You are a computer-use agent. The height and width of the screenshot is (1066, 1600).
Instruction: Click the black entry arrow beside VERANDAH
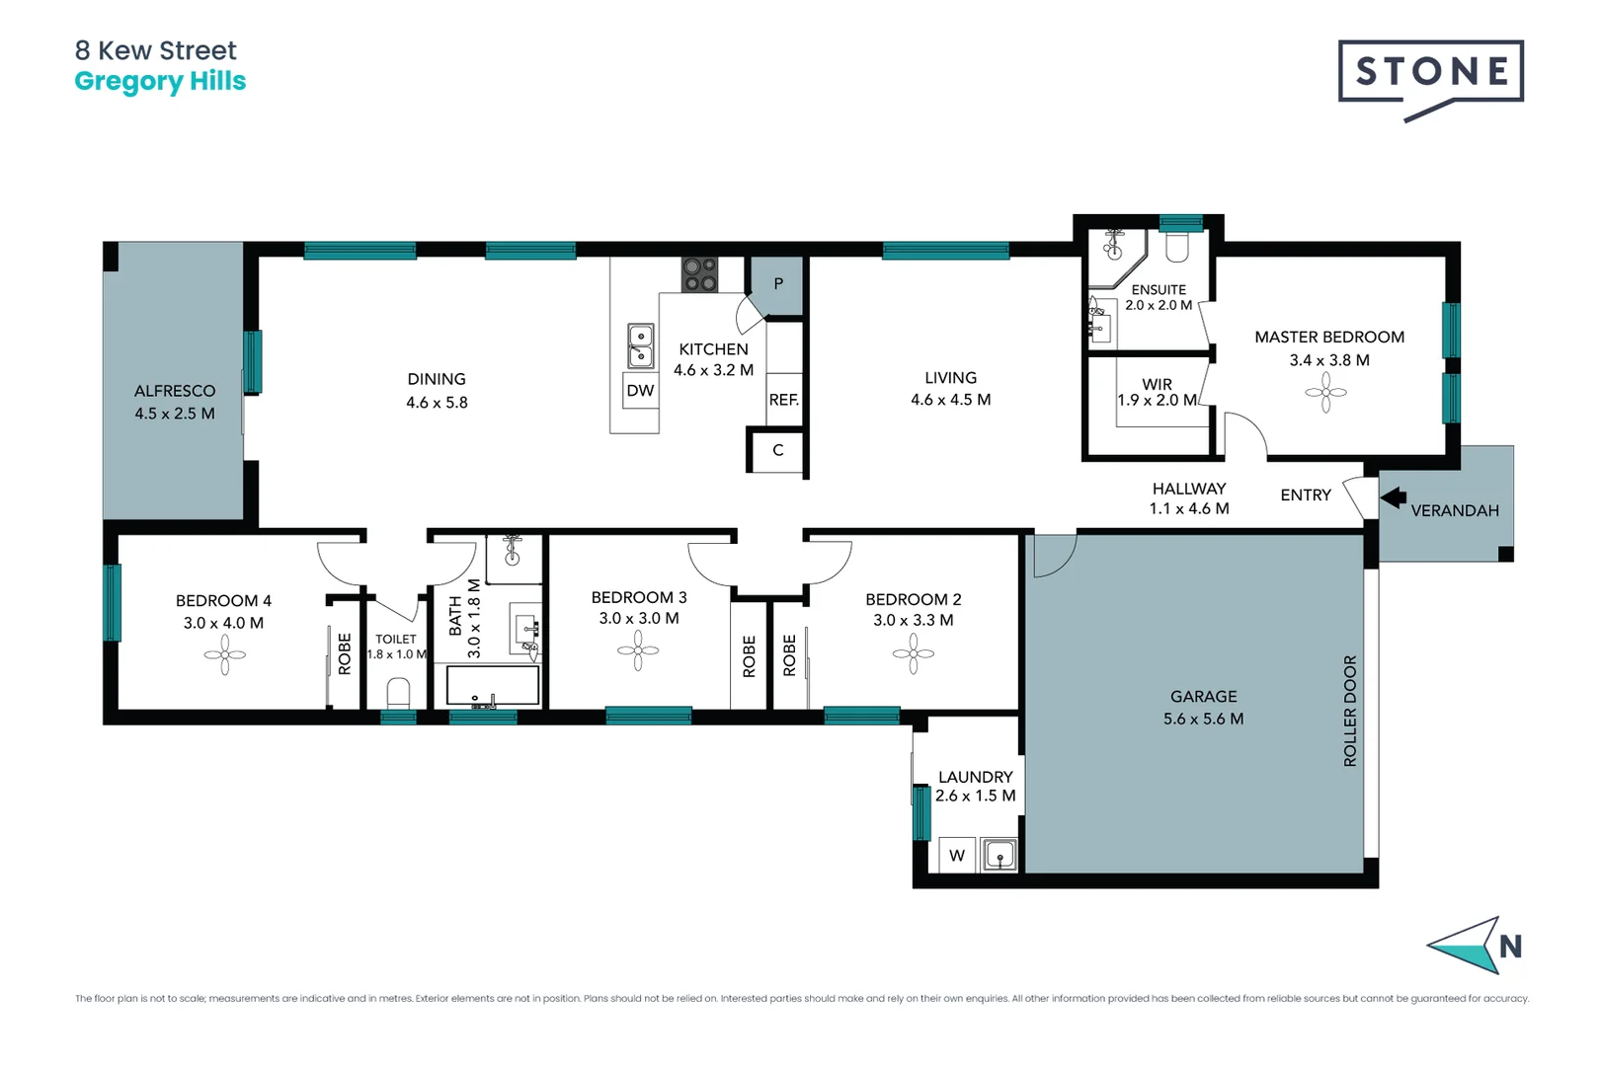pos(1394,497)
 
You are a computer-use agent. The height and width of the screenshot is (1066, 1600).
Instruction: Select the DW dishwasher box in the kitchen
pos(640,391)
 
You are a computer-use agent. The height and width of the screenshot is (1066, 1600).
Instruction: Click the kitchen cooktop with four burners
pos(699,274)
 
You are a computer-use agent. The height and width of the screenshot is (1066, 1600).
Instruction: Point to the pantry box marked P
pos(778,284)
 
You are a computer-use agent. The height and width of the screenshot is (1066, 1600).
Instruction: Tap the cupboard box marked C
pos(777,451)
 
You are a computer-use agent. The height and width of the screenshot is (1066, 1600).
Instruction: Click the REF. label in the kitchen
pos(783,400)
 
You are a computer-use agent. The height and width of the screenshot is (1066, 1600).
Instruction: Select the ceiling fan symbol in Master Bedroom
pos(1325,393)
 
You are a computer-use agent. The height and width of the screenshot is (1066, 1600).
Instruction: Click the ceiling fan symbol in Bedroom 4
pos(224,654)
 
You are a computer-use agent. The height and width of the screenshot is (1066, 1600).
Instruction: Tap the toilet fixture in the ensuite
pos(1176,246)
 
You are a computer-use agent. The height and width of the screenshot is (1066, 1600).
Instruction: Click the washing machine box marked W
pos(956,856)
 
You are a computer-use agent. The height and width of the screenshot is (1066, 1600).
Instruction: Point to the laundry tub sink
pos(1000,854)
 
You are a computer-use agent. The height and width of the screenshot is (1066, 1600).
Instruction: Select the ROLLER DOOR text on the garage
pos(1350,711)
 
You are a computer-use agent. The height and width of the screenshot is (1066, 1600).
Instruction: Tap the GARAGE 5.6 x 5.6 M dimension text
pos(1203,719)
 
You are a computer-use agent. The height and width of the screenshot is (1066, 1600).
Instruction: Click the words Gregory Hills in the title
pos(160,81)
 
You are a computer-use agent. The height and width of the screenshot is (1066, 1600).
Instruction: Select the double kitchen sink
pos(640,345)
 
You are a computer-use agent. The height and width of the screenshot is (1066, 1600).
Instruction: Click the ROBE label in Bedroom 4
pos(345,653)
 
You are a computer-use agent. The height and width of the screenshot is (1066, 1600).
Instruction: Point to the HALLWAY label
pos(1188,489)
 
